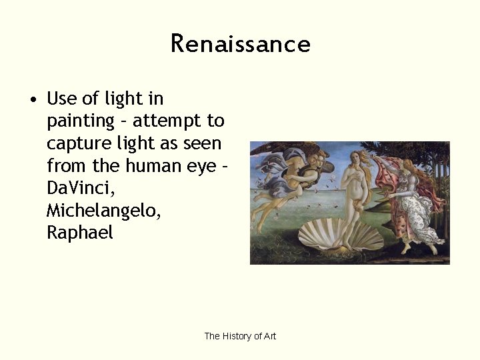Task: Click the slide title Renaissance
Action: pos(240,44)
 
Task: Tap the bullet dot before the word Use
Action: pos(32,100)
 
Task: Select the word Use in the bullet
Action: pos(61,99)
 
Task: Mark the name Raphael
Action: pos(80,233)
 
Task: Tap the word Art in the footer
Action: pos(269,336)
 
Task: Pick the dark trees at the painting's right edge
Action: pos(440,167)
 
